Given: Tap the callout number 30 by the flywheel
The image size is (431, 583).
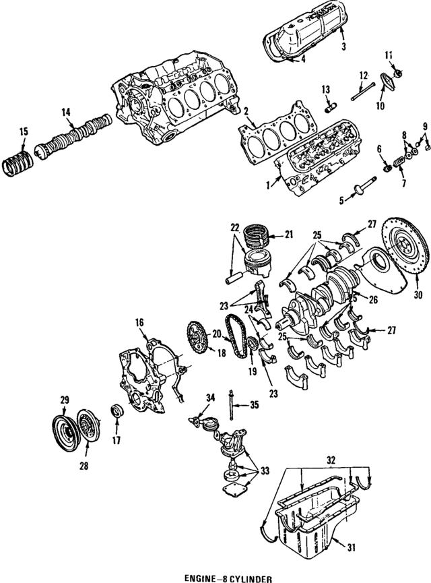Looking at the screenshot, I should click(x=417, y=295).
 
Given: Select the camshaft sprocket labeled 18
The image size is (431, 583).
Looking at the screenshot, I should click(x=197, y=337).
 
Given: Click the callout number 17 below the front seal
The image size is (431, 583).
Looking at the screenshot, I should click(x=117, y=442).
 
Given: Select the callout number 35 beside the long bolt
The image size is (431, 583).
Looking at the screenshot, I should click(x=253, y=405).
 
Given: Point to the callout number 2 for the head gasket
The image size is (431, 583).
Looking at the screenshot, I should click(x=247, y=111).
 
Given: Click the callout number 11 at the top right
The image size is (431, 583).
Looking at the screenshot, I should click(x=388, y=55).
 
